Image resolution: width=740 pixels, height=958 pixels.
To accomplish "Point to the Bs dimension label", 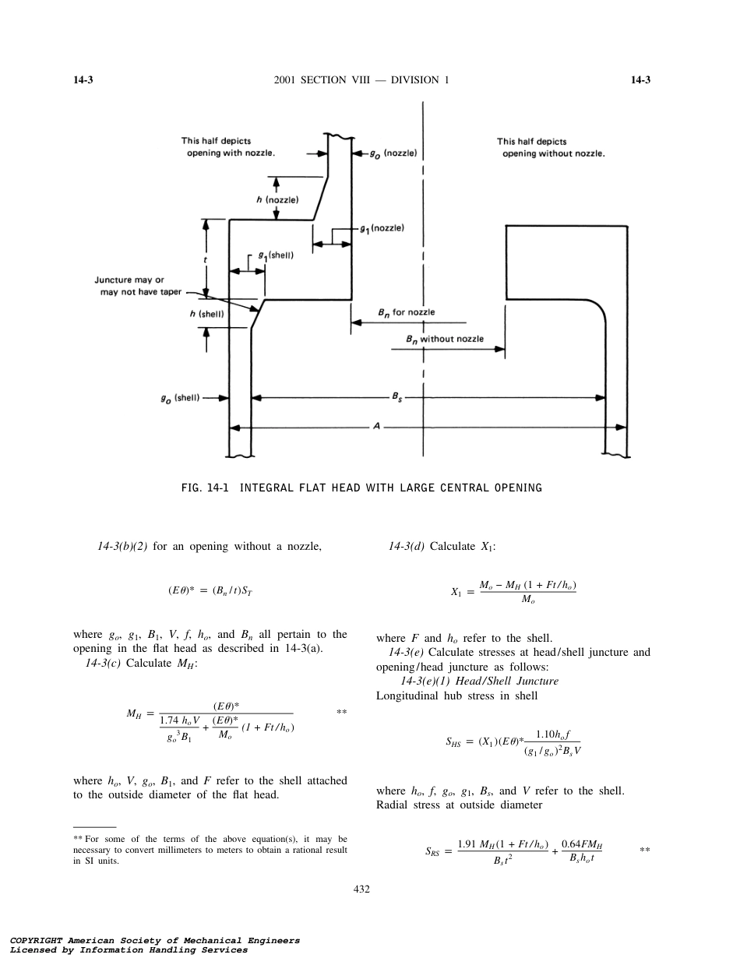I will pyautogui.click(x=397, y=396).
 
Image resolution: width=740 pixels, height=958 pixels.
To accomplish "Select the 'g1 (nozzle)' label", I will pyautogui.click(x=382, y=228).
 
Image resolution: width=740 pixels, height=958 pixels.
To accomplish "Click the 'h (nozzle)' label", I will pyautogui.click(x=277, y=200).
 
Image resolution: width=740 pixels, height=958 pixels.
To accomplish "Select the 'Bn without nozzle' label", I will pyautogui.click(x=445, y=339).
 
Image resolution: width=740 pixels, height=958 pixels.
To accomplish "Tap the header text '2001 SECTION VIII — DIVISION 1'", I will pyautogui.click(x=362, y=80).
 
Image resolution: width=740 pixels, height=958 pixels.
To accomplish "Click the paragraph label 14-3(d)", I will pyautogui.click(x=406, y=546).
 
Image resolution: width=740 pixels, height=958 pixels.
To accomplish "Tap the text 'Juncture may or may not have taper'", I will pyautogui.click(x=138, y=286).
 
